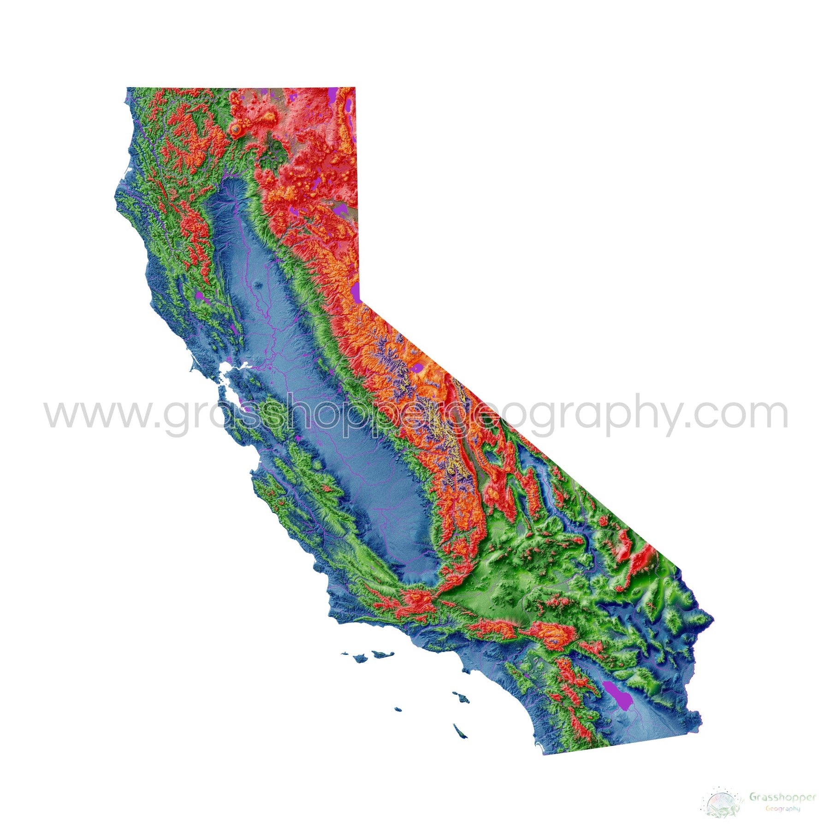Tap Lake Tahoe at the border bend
click(x=356, y=292)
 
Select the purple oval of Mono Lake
click(x=418, y=368)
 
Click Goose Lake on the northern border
click(x=332, y=95)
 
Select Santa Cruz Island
click(x=383, y=653)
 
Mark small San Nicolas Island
click(x=397, y=709)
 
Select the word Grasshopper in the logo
click(x=782, y=796)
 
